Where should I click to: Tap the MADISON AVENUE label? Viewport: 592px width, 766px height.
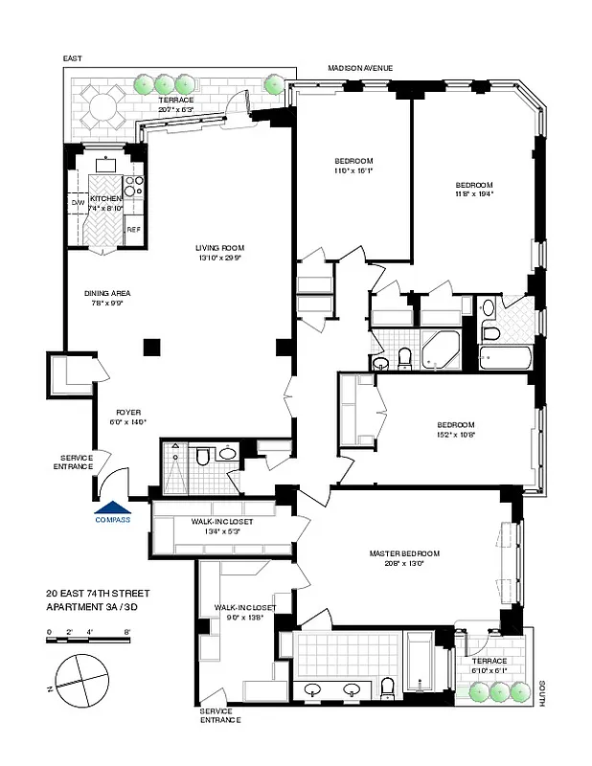[x=360, y=68]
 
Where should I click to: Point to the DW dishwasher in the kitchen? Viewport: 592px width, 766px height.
[x=78, y=202]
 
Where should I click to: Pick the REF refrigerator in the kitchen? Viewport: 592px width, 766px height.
[x=133, y=230]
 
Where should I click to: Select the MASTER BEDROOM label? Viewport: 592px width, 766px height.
[x=404, y=553]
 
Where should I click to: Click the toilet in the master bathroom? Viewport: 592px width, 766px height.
[x=388, y=687]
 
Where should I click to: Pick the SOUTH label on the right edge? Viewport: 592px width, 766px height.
[x=542, y=694]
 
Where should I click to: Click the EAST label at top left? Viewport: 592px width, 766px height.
[x=74, y=59]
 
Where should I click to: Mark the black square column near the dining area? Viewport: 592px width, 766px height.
[x=150, y=348]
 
